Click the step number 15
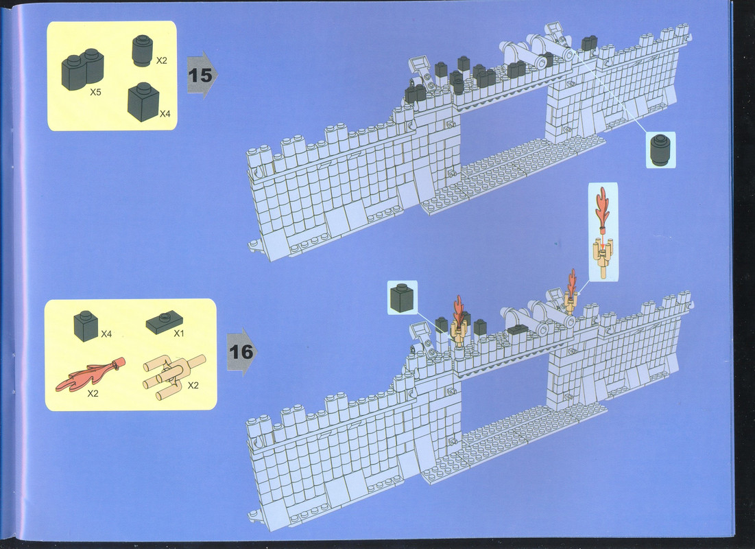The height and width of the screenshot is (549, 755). (200, 75)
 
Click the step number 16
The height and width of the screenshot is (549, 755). (241, 352)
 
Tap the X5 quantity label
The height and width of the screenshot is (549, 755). (95, 92)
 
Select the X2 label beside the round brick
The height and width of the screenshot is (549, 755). (161, 60)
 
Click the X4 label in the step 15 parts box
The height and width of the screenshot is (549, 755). (165, 114)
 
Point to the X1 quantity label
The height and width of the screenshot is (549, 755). (179, 333)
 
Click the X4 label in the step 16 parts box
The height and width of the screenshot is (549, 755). (106, 334)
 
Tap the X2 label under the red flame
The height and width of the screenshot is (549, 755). (93, 393)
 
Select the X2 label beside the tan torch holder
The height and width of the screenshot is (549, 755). (193, 386)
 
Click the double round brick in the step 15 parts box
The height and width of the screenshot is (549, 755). (82, 70)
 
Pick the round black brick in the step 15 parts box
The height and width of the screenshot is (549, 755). (142, 50)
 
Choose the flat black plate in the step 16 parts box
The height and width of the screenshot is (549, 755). (165, 323)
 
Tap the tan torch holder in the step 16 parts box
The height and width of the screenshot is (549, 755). (173, 377)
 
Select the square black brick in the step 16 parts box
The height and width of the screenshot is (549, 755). (86, 326)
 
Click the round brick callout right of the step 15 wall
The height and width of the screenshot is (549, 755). (660, 150)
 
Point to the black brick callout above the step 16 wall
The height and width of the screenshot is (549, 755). (402, 298)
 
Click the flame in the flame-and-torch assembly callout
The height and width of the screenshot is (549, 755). (602, 207)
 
